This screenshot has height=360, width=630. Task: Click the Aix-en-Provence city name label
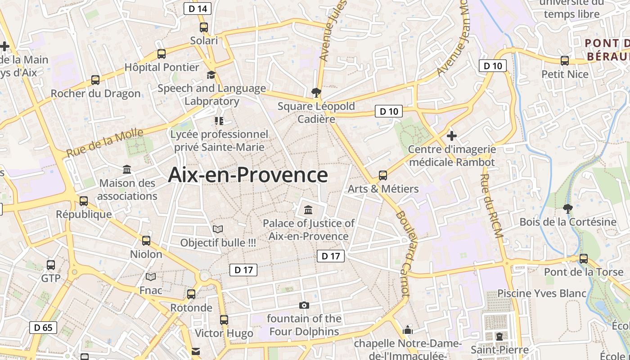click(248, 175)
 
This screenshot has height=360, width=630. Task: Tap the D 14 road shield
click(198, 9)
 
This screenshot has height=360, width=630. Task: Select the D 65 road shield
click(44, 327)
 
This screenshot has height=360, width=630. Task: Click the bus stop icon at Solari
click(204, 27)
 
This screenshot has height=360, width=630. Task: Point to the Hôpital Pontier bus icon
click(162, 54)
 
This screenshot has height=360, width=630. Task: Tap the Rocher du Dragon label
click(95, 94)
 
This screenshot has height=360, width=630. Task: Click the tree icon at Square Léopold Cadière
click(316, 93)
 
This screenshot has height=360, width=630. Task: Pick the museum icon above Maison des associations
click(127, 170)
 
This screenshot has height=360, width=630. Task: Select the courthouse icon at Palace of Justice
click(309, 210)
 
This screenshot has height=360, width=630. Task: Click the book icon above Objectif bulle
click(218, 229)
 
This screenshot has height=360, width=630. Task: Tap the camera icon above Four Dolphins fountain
click(304, 306)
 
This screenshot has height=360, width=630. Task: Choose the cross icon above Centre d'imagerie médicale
click(452, 135)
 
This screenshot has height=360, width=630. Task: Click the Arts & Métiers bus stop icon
click(383, 175)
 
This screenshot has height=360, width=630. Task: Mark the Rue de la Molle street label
click(105, 143)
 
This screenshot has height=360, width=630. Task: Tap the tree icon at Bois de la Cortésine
click(568, 208)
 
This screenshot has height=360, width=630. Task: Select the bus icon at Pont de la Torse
click(584, 259)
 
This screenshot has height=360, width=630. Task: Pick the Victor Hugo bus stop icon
click(224, 320)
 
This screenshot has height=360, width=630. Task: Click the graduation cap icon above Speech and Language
click(211, 75)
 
